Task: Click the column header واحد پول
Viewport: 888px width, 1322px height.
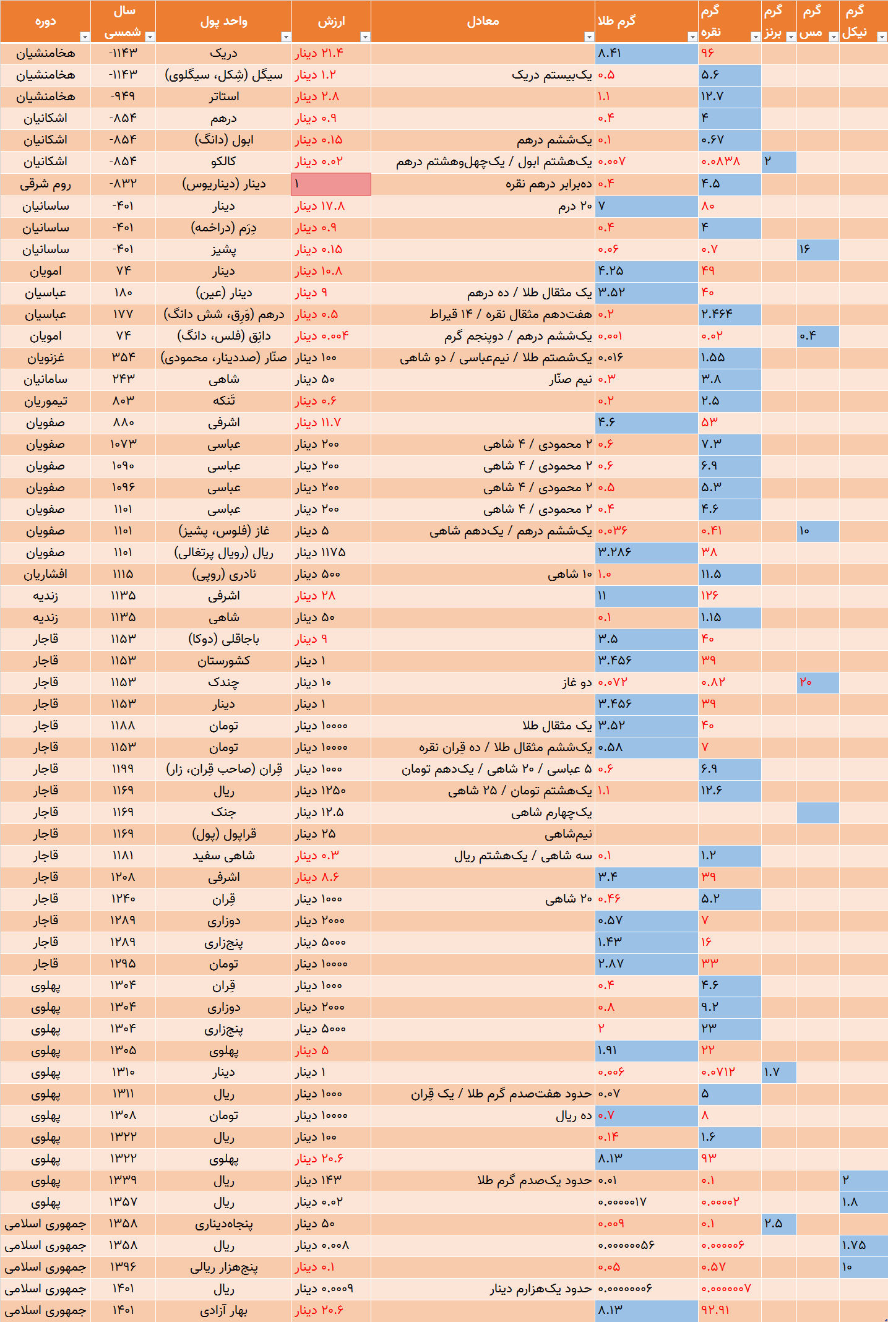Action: point(223,21)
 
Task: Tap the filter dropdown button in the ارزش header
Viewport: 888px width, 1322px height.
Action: point(365,36)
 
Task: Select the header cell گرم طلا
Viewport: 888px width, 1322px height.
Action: point(647,21)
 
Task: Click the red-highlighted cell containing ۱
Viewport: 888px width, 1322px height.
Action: point(331,184)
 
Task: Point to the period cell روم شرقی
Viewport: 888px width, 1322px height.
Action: point(46,184)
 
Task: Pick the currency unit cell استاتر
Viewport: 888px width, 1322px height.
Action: point(223,97)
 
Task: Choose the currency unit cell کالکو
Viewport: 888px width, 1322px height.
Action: point(223,161)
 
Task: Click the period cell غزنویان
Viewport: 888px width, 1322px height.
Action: point(46,358)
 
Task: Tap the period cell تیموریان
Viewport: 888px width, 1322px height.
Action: point(46,401)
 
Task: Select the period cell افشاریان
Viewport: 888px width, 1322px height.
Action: point(46,574)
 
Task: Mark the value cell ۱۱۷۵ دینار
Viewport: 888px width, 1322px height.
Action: point(331,552)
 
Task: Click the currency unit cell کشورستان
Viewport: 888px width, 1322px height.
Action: point(223,661)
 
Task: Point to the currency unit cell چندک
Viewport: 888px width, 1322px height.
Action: point(223,682)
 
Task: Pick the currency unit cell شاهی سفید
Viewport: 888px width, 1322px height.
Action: point(223,856)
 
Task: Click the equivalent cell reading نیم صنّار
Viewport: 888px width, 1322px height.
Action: point(483,379)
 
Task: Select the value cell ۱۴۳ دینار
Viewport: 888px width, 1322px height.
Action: point(331,1180)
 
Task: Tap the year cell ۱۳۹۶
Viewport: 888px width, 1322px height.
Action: point(123,1267)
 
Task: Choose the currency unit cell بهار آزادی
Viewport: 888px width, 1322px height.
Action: point(223,1310)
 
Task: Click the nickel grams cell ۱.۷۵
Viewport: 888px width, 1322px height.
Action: point(864,1245)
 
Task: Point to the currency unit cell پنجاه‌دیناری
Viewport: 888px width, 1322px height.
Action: point(223,1224)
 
